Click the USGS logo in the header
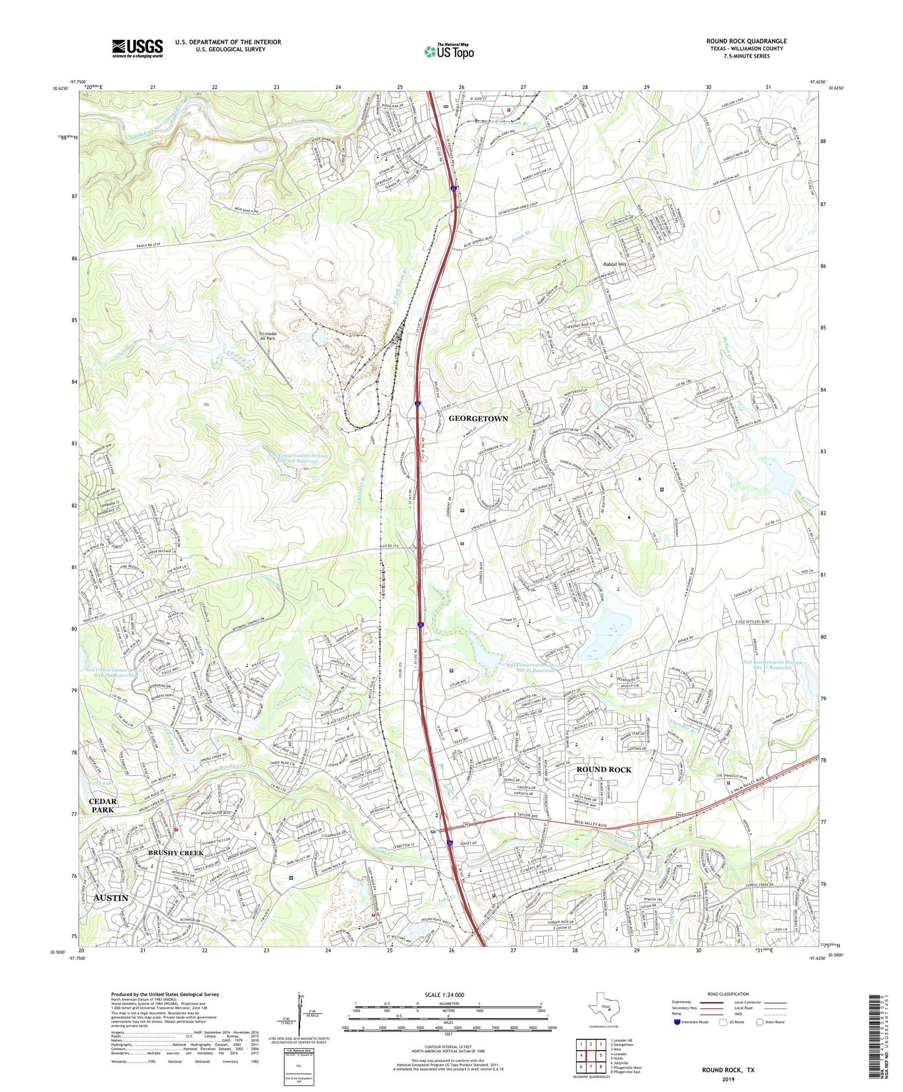click(x=137, y=48)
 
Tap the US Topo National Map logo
click(x=449, y=51)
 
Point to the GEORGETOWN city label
click(x=478, y=418)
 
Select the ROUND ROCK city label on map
click(x=604, y=769)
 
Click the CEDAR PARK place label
click(x=103, y=806)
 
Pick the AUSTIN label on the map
click(x=111, y=897)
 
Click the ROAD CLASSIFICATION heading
click(x=728, y=994)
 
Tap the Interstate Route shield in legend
click(x=677, y=1022)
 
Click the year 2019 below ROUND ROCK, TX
click(x=728, y=1079)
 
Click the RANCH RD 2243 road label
click(x=152, y=245)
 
